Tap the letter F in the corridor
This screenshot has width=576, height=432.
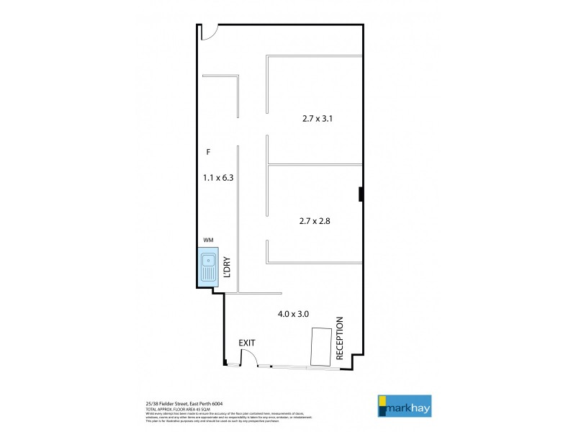click(x=207, y=152)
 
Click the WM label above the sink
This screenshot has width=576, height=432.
click(x=209, y=239)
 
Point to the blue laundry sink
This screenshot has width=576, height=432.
click(x=208, y=267)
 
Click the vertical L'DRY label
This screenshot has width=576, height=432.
click(x=226, y=267)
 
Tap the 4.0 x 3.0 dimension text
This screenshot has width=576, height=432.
click(x=293, y=314)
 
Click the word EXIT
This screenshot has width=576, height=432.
click(x=248, y=344)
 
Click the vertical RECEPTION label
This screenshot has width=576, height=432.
click(x=341, y=338)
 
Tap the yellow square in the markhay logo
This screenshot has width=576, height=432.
click(x=382, y=398)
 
